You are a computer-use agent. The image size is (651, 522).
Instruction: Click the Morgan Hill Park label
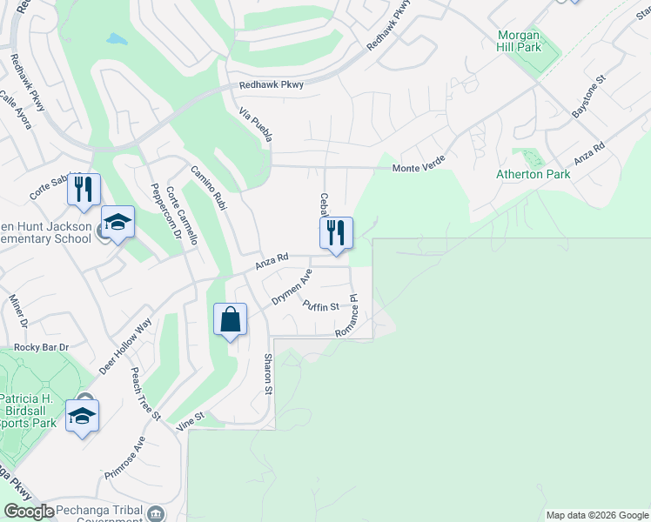(x=520, y=41)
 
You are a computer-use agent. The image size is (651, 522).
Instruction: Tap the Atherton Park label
(x=533, y=174)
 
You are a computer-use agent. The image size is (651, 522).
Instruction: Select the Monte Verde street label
(x=418, y=168)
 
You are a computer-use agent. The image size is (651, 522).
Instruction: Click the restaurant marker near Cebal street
(x=336, y=233)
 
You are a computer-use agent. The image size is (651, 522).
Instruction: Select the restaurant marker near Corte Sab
(x=84, y=190)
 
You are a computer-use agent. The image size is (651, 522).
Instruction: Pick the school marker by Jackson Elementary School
(x=117, y=223)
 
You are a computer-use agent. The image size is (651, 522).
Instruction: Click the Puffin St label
(x=320, y=305)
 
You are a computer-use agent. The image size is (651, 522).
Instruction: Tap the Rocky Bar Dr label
(x=41, y=347)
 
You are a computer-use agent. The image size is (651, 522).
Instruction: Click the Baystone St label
(x=587, y=101)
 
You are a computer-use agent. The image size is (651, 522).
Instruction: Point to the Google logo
(x=29, y=512)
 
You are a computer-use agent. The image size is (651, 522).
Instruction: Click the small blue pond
(x=116, y=39)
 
